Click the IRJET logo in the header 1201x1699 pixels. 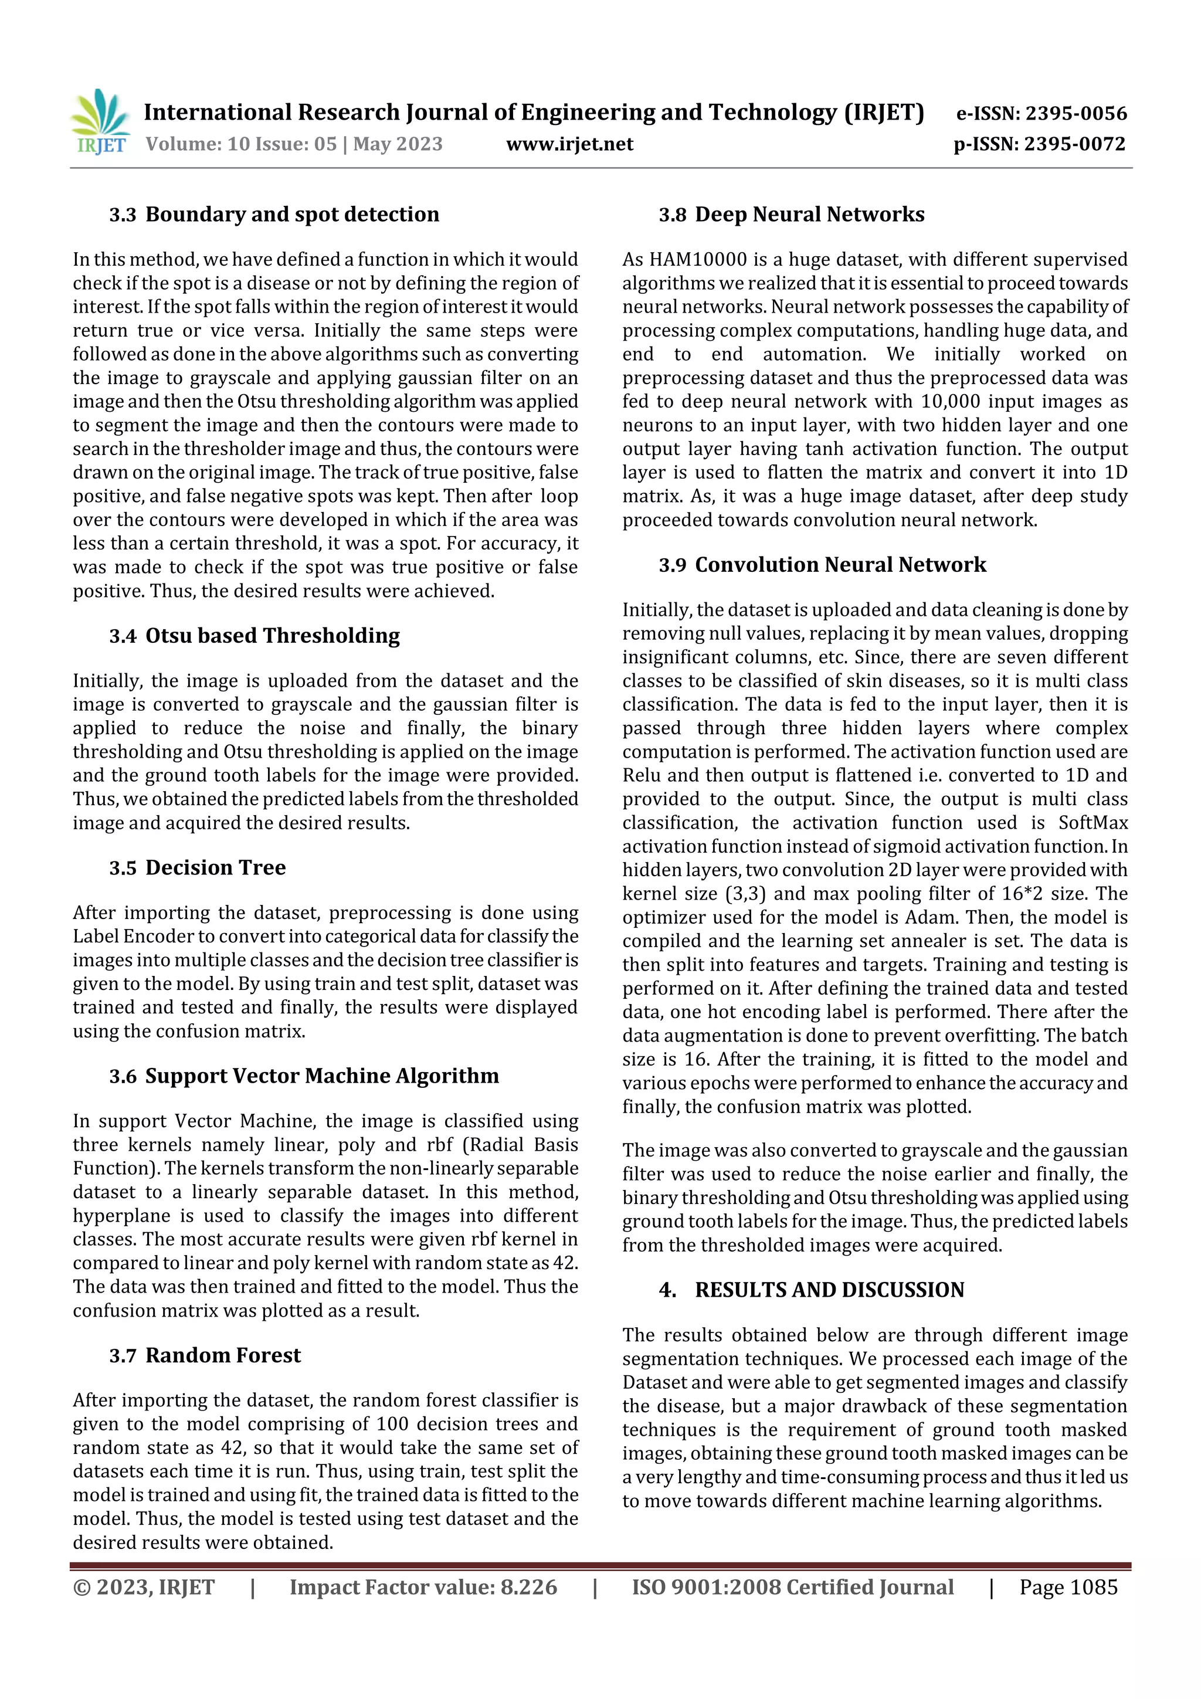pos(101,121)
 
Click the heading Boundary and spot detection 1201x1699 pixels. pos(291,215)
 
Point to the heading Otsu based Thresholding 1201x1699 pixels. pos(272,636)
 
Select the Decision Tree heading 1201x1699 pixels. pos(215,867)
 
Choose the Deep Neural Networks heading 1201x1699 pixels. pos(809,215)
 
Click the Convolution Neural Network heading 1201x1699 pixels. pos(840,565)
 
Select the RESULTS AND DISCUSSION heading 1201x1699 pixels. pos(829,1290)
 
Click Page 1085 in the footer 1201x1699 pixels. pos(1068,1586)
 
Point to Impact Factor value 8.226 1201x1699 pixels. pos(423,1586)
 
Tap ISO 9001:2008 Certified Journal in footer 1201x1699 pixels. pos(792,1586)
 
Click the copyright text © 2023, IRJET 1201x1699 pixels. pos(144,1586)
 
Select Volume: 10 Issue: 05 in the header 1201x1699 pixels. pos(240,144)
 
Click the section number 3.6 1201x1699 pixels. pos(123,1076)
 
